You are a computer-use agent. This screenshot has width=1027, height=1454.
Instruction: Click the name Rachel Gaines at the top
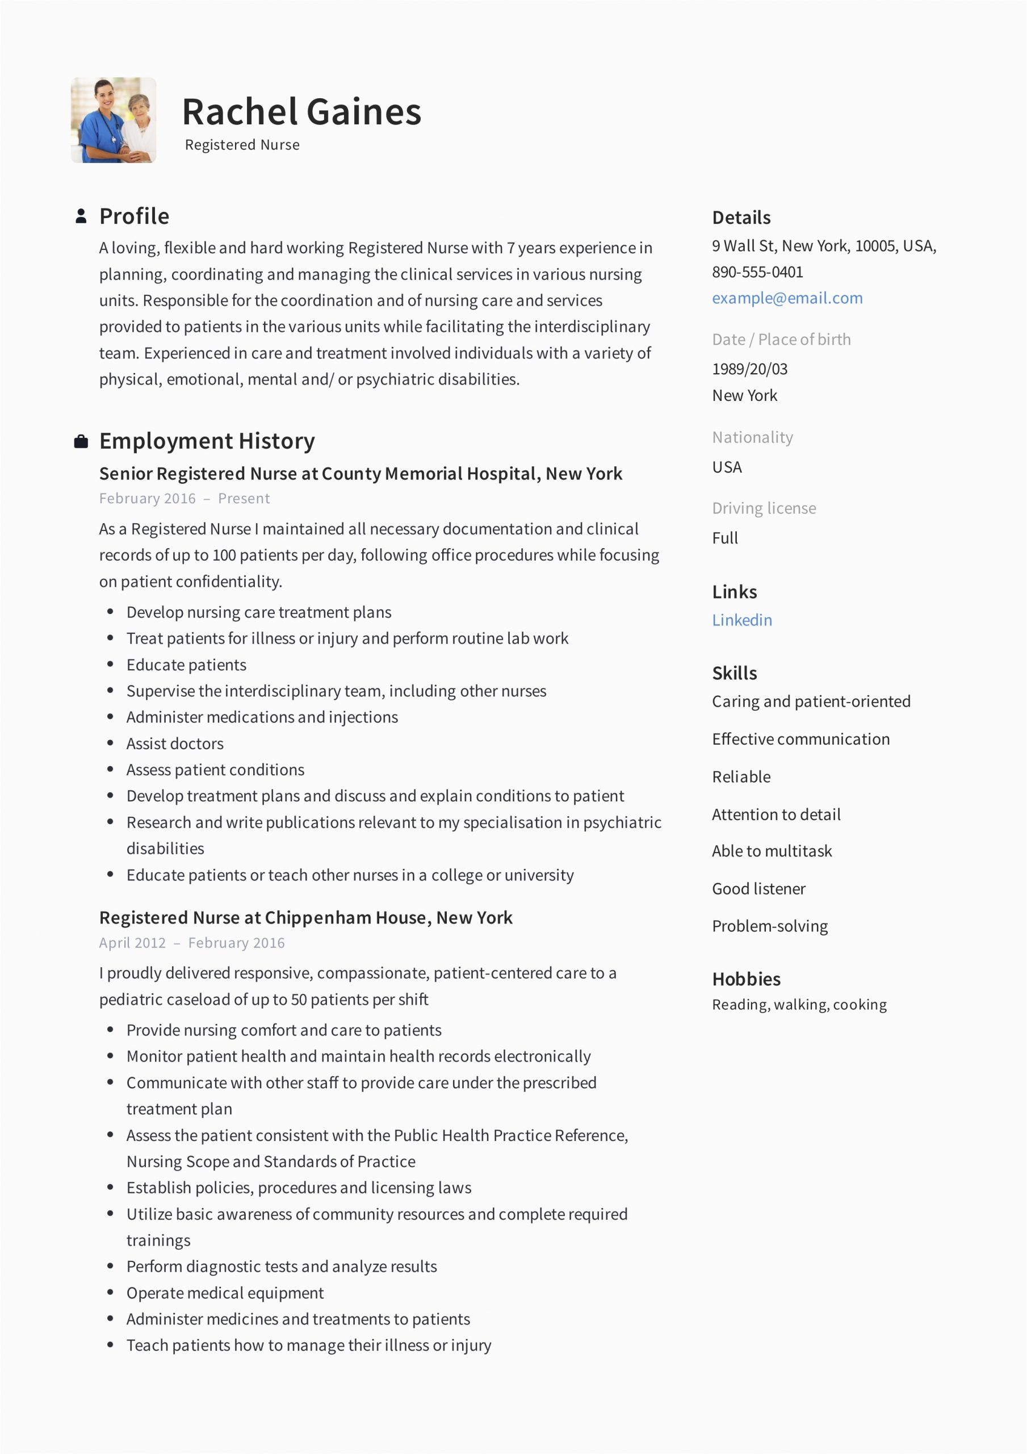301,112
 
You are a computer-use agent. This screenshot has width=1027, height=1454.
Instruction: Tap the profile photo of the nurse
114,120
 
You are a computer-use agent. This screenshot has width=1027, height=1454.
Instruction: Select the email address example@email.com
787,298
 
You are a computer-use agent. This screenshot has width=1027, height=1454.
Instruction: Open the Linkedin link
742,620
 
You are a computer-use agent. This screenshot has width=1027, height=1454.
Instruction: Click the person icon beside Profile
81,216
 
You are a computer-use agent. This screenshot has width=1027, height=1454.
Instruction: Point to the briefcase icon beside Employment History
81,441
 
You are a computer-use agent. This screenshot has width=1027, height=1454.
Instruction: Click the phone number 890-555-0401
757,272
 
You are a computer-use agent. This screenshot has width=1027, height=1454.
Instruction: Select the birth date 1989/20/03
750,369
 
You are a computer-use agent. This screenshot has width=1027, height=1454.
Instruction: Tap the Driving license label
764,508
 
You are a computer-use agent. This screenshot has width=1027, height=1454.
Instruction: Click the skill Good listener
758,889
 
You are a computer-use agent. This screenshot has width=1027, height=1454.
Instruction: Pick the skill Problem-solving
770,926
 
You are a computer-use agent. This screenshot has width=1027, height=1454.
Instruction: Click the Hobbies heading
746,980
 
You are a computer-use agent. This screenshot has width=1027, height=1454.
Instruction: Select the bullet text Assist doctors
175,743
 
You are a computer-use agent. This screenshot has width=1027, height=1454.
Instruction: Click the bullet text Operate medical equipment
225,1293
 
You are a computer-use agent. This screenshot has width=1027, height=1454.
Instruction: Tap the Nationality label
752,437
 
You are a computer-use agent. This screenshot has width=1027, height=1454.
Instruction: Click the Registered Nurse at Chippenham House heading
306,918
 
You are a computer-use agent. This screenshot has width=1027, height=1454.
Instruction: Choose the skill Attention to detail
776,814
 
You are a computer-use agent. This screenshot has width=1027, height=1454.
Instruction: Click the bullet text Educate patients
186,665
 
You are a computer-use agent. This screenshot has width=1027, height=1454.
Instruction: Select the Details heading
741,218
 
